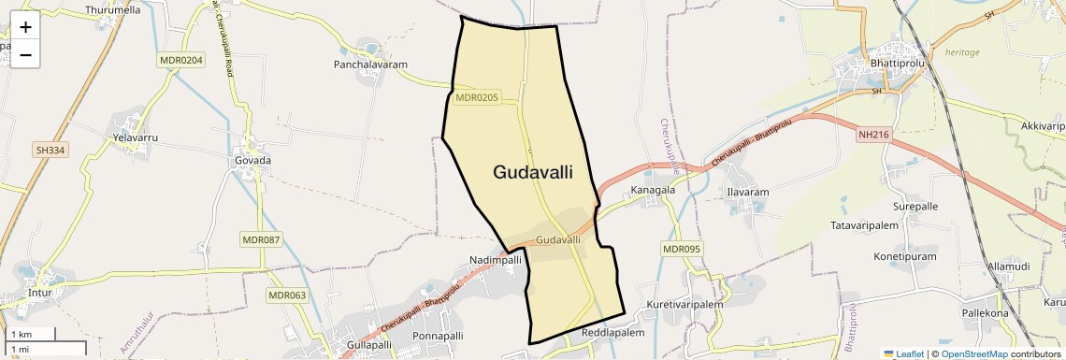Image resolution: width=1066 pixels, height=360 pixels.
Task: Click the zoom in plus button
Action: [25, 27]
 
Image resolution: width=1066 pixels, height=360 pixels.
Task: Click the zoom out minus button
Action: [25, 54]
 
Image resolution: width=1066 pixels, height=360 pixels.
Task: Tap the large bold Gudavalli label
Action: [532, 172]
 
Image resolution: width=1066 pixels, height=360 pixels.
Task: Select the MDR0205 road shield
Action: [478, 97]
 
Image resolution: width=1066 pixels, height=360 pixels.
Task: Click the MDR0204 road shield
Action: [181, 59]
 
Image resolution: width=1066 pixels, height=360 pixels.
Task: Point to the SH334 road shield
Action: [51, 150]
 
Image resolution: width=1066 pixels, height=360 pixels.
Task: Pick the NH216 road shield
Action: [872, 135]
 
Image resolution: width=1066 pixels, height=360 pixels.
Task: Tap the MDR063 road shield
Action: [287, 295]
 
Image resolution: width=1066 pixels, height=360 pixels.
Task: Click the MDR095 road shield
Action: [682, 249]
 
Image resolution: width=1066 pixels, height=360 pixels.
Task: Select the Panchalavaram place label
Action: [371, 65]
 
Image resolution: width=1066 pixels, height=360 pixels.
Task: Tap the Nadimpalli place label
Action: [495, 260]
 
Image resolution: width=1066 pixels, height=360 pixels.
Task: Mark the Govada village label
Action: [248, 160]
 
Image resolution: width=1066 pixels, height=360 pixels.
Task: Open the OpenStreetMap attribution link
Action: [973, 353]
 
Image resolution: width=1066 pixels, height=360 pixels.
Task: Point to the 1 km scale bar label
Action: [22, 334]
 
